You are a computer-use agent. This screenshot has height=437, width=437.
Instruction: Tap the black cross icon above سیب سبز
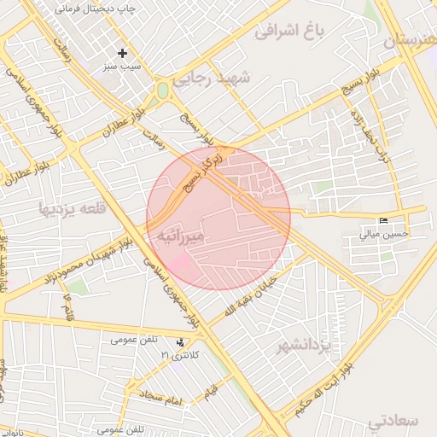(123, 53)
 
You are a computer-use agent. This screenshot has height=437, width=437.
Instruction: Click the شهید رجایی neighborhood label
(213, 79)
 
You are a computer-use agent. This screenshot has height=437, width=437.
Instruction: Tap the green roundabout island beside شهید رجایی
(162, 90)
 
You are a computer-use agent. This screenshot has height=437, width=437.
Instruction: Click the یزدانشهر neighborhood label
(303, 346)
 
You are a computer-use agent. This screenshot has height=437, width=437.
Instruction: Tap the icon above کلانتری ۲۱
(179, 342)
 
